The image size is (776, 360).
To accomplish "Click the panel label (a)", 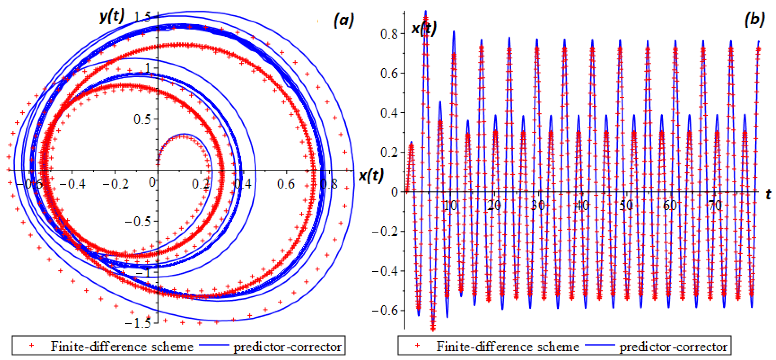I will tap(343, 21).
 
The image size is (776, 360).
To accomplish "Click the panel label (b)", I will tap(754, 20).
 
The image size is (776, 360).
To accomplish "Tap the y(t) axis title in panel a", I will tap(112, 16).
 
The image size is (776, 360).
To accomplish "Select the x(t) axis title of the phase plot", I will tap(371, 175).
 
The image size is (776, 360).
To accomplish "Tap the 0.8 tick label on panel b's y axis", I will tap(389, 34).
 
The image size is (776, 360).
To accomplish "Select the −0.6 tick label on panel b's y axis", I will tap(385, 310).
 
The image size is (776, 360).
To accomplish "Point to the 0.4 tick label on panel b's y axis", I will tap(389, 113).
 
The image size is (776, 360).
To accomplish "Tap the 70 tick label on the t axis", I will tap(714, 206).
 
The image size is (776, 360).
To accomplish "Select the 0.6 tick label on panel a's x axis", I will tap(286, 184).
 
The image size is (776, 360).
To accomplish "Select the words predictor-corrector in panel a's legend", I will tap(287, 347).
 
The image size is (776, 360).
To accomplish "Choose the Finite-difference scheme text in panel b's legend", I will tap(508, 347).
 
